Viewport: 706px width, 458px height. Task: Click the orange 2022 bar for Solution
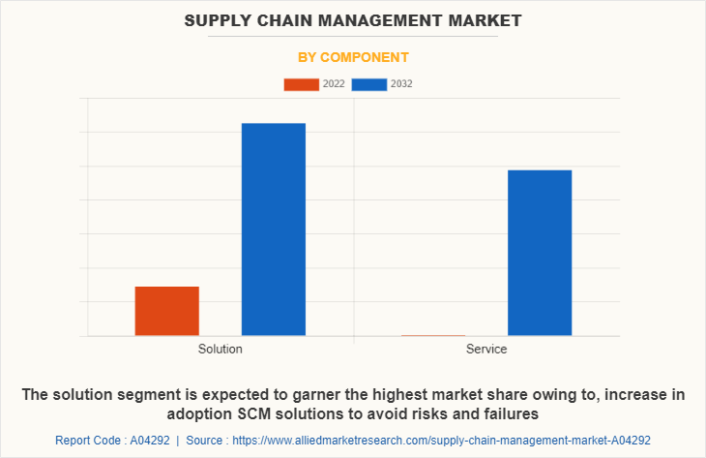pos(166,311)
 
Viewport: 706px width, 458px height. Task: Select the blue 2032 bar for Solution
pos(274,229)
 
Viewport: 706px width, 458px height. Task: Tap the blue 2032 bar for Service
pos(540,253)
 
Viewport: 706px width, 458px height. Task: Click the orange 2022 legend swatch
pos(301,84)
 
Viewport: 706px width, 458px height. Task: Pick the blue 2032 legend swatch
pos(369,84)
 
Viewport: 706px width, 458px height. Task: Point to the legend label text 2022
pos(334,84)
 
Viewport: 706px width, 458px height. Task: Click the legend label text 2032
pos(401,84)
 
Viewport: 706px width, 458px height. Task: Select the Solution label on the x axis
pos(220,349)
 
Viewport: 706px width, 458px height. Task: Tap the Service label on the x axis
pos(485,349)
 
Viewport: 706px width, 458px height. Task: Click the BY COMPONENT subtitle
pos(352,57)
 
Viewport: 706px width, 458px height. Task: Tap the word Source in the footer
pos(208,440)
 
